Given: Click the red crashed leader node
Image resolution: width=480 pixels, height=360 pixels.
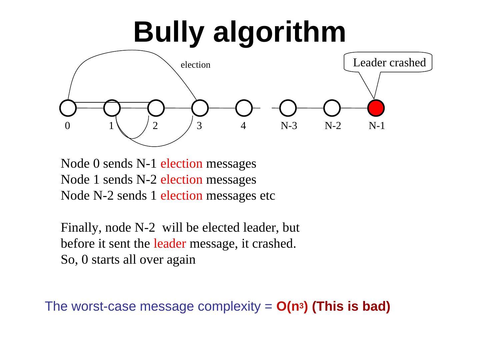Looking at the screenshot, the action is (x=376, y=108).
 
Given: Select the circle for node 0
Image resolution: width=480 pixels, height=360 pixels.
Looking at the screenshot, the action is (x=68, y=108).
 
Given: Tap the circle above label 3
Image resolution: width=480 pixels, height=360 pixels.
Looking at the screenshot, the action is (x=200, y=108).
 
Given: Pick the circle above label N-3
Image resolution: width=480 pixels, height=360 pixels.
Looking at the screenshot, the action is (x=288, y=108).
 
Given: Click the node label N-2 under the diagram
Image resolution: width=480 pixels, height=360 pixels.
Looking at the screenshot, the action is (x=333, y=126).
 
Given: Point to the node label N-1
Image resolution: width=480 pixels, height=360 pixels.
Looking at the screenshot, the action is (x=377, y=126).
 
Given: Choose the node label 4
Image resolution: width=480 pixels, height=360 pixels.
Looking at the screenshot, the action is (x=243, y=126).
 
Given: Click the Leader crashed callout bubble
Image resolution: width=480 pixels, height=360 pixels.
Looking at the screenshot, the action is (x=389, y=62).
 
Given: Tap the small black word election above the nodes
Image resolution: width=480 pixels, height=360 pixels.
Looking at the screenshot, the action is (x=195, y=65).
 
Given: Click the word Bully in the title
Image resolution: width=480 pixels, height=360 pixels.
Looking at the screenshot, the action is (x=169, y=32).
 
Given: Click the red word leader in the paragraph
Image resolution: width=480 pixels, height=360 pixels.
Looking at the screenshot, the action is (x=170, y=244).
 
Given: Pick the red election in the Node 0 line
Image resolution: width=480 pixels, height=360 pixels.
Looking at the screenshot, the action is (x=181, y=164).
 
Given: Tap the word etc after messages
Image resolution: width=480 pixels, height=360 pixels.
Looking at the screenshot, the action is (x=268, y=196).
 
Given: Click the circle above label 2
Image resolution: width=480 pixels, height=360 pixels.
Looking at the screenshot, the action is (x=156, y=108).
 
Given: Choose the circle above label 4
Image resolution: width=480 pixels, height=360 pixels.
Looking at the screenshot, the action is (x=244, y=108).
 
